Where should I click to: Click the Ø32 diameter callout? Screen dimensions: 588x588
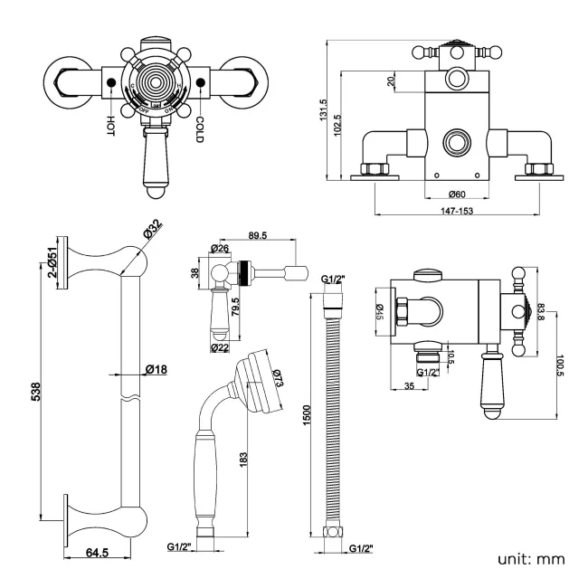point(151,232)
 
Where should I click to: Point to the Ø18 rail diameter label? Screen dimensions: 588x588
point(153,368)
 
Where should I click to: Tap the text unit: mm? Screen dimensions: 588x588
point(531,558)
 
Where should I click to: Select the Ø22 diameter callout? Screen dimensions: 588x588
point(219,346)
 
